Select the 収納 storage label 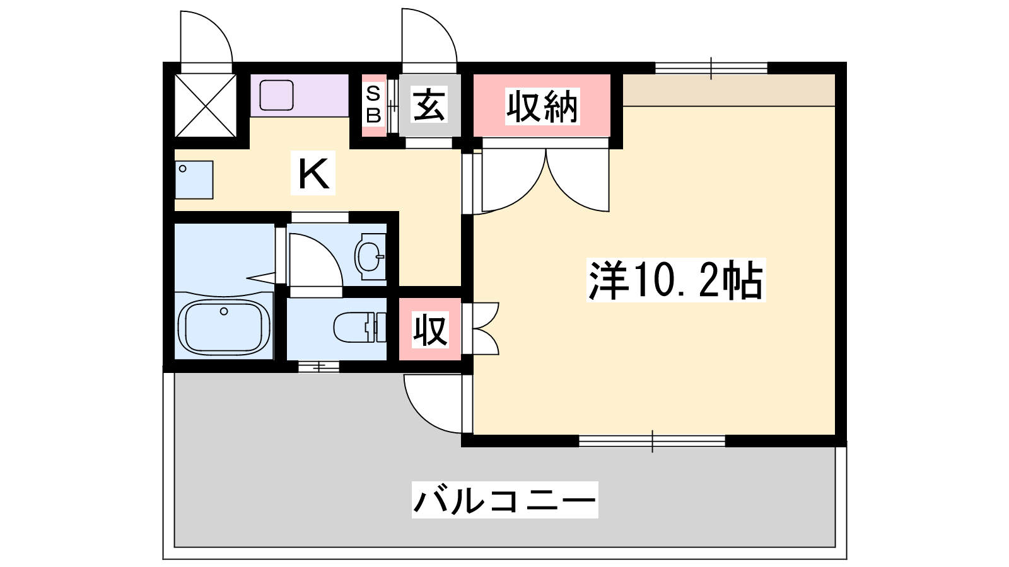click(x=542, y=106)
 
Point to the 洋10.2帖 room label click(x=676, y=280)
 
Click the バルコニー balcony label click(x=505, y=500)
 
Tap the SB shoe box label click(x=373, y=105)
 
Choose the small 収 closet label click(x=430, y=330)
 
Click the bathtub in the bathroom click(x=225, y=327)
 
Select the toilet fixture click(x=359, y=327)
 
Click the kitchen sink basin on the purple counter click(x=277, y=95)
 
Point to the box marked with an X click(x=206, y=105)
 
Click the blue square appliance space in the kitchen click(x=194, y=180)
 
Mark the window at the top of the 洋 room click(x=711, y=69)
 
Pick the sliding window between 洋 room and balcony click(x=652, y=441)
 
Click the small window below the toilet click(x=319, y=367)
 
